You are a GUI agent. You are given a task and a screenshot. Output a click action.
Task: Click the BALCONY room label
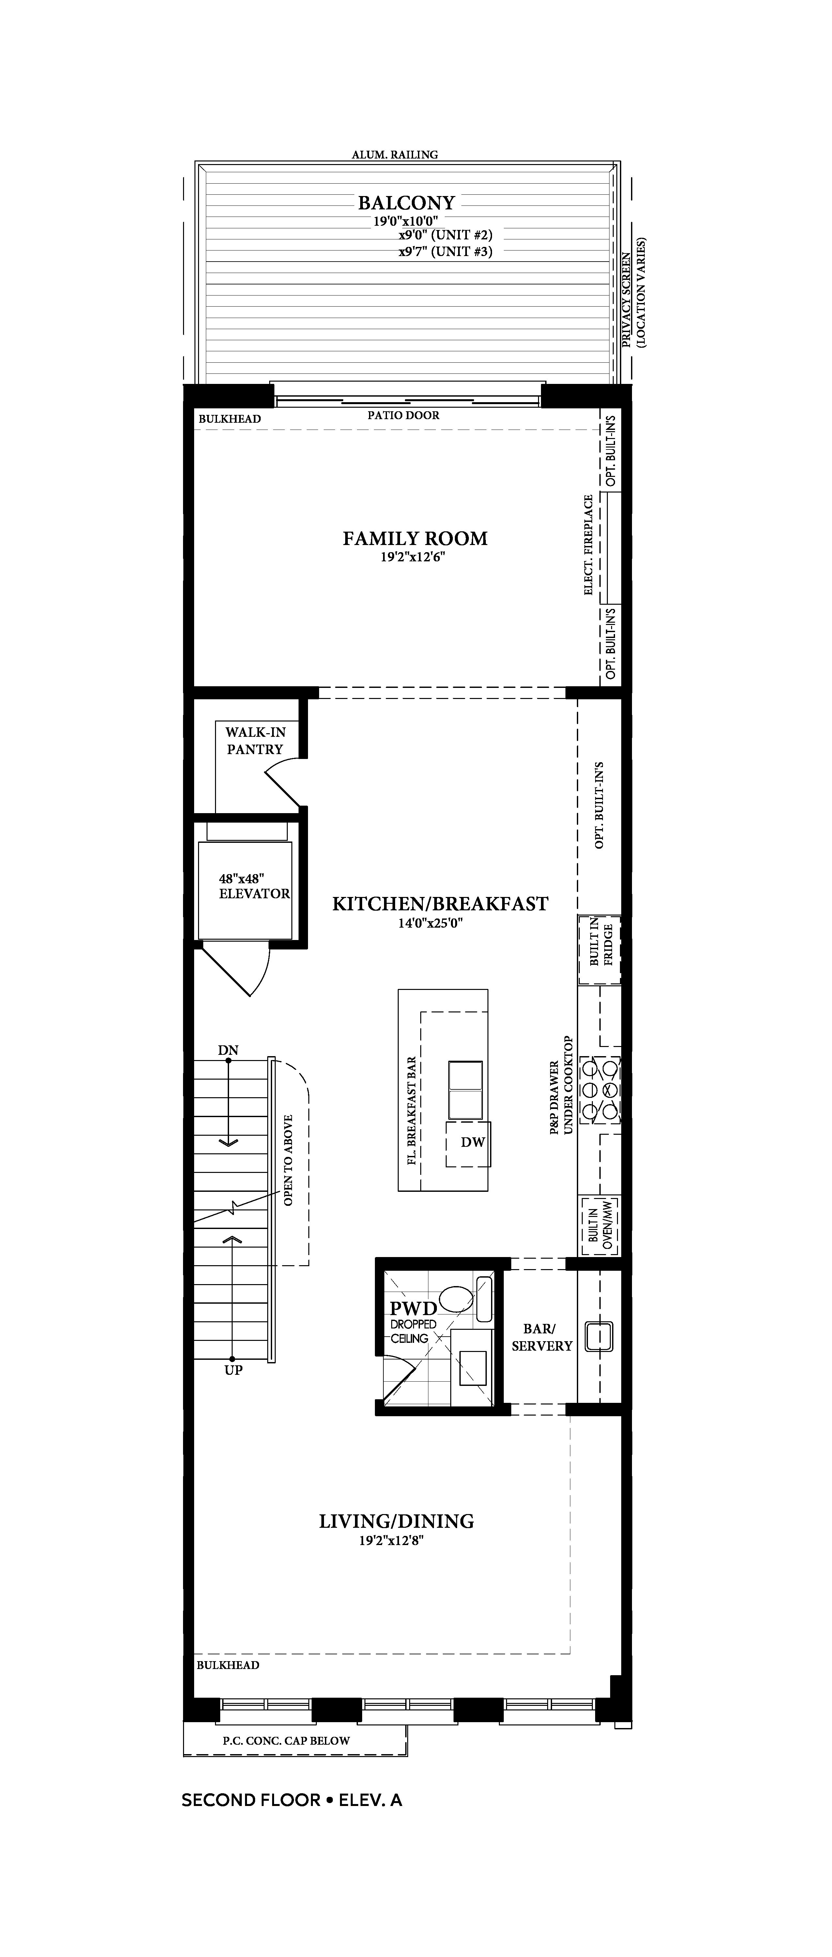[407, 203]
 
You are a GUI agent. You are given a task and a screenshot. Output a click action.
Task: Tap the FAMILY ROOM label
[415, 539]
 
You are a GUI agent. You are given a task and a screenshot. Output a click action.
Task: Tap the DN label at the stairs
[228, 1051]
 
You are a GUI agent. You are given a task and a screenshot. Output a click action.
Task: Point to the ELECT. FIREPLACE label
[589, 545]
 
